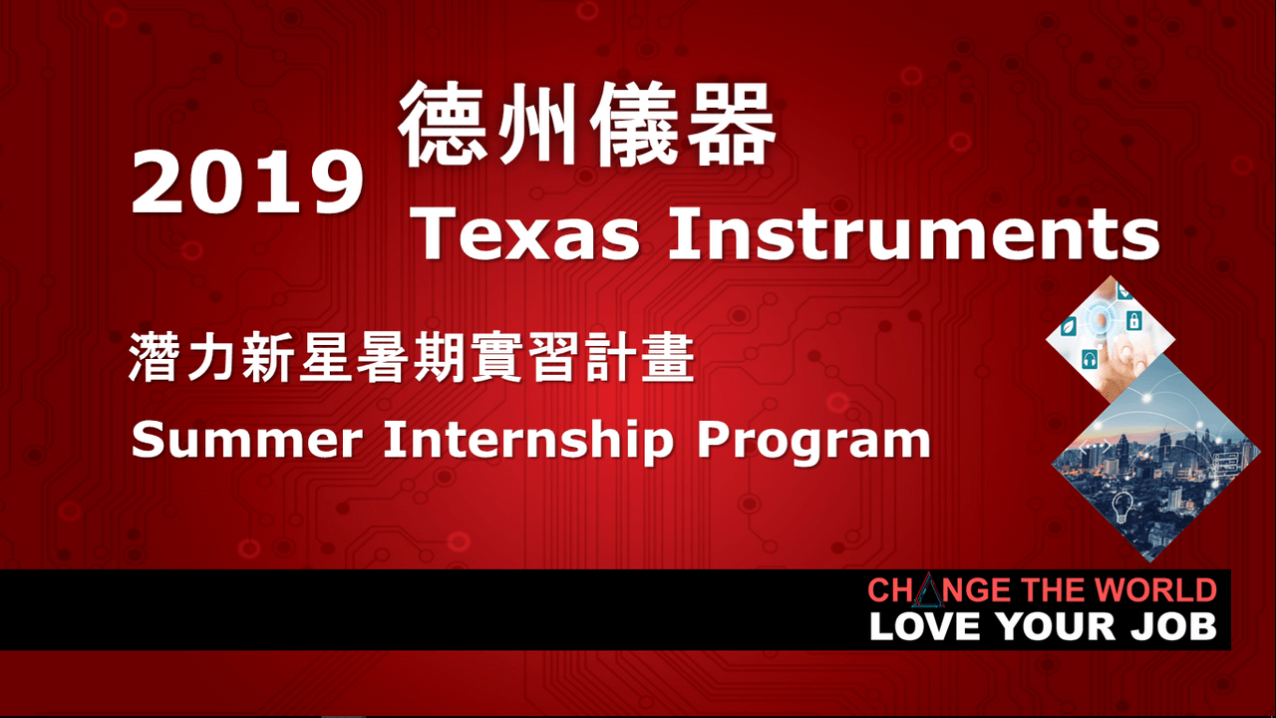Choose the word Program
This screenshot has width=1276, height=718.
pyautogui.click(x=812, y=441)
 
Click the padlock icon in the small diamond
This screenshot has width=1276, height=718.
pyautogui.click(x=1133, y=321)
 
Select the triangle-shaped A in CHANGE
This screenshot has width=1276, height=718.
pyautogui.click(x=927, y=591)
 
